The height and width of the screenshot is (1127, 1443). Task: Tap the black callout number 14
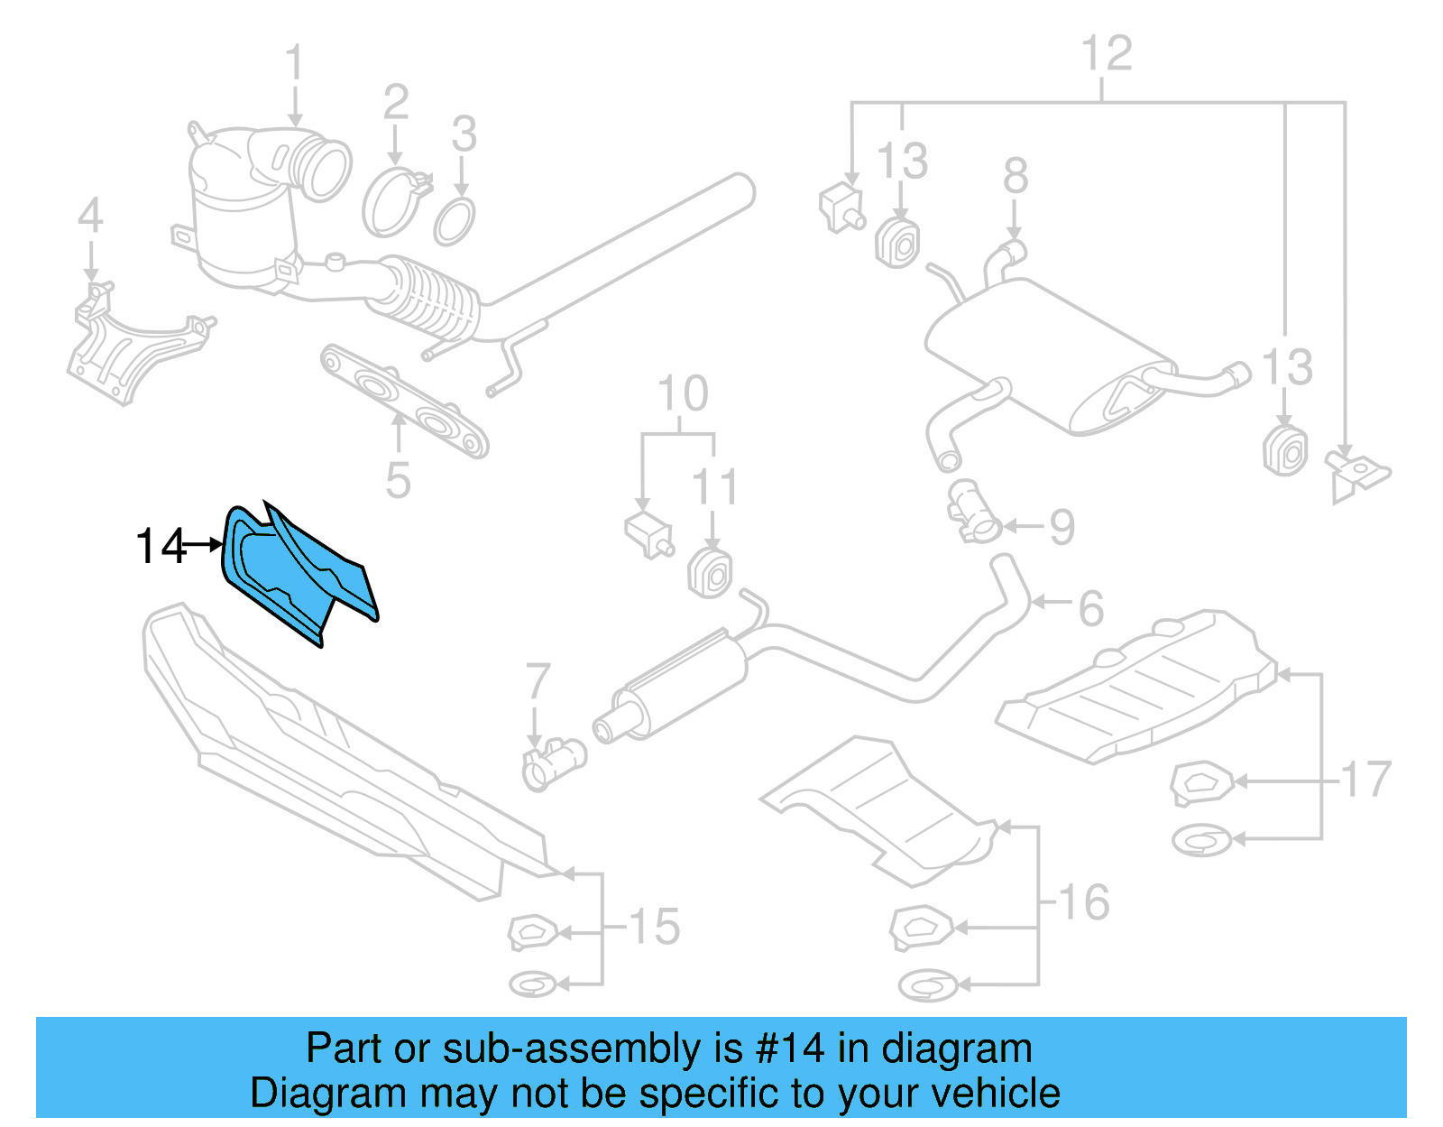pos(160,547)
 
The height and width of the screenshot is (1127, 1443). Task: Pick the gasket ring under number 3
pos(454,222)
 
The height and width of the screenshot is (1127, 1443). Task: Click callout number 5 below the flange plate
pos(398,480)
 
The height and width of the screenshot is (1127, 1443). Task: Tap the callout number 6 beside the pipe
pos(1091,608)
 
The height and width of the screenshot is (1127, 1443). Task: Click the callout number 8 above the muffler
pos(1016,175)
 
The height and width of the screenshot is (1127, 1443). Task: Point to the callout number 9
pos(1062,527)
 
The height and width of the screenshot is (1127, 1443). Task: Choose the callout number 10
pos(683,393)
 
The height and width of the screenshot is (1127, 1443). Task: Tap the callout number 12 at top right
pos(1106,53)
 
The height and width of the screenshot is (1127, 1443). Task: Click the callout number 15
pos(654,927)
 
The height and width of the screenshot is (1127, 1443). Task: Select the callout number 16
pos(1083,902)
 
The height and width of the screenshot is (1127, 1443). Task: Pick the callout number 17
pos(1365,780)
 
